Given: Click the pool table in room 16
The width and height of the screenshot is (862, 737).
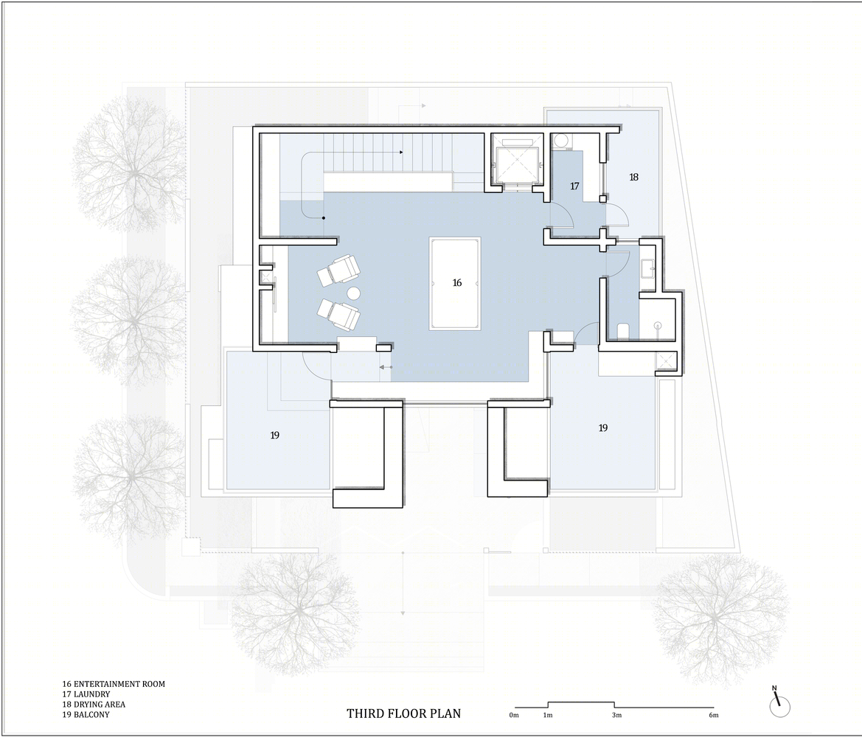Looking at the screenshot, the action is pyautogui.click(x=455, y=284).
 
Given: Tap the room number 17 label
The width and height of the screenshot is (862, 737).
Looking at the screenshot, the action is pyautogui.click(x=574, y=186).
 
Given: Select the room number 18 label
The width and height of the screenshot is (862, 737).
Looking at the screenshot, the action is pyautogui.click(x=634, y=177).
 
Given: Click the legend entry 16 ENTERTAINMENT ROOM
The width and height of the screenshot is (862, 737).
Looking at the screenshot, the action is pyautogui.click(x=114, y=684).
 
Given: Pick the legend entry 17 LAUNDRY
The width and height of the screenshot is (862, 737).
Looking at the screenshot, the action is pyautogui.click(x=86, y=694).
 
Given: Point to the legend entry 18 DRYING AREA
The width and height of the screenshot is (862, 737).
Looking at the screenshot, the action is pyautogui.click(x=94, y=705).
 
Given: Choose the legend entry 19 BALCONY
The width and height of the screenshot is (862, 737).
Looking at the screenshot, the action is pyautogui.click(x=86, y=714).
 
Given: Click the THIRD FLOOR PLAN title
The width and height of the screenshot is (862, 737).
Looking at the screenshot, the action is pyautogui.click(x=403, y=713).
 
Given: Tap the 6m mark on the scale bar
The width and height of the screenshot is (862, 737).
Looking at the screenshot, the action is pyautogui.click(x=714, y=715).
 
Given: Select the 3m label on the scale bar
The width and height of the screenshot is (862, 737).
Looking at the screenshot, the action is pyautogui.click(x=616, y=715).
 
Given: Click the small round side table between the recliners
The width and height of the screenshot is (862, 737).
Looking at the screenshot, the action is pyautogui.click(x=353, y=293).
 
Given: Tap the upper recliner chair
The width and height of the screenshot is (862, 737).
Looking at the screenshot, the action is pyautogui.click(x=338, y=269).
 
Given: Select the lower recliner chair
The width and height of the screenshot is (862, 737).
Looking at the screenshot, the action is pyautogui.click(x=338, y=314).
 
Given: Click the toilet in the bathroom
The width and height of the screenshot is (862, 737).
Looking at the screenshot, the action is pyautogui.click(x=623, y=331).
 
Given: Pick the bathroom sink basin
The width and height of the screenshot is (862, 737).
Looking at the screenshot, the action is pyautogui.click(x=647, y=268).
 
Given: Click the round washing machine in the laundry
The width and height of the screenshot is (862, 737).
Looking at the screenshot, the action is pyautogui.click(x=560, y=142).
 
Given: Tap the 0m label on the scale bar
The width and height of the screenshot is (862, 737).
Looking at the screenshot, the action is pyautogui.click(x=514, y=715).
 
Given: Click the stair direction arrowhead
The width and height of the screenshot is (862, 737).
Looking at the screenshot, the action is pyautogui.click(x=401, y=153).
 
